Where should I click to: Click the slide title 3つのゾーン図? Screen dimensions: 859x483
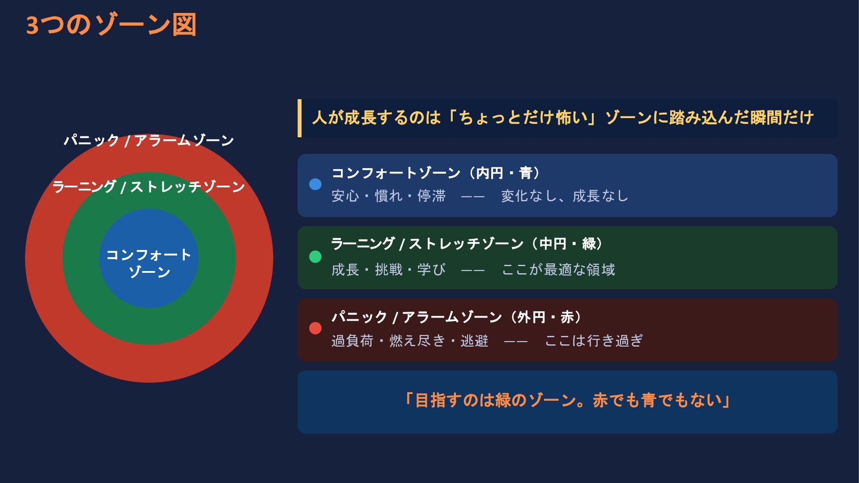111,25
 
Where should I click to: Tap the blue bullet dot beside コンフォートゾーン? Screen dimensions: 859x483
315,184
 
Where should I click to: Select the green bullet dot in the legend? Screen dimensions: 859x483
315,257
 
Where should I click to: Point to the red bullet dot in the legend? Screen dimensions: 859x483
315,328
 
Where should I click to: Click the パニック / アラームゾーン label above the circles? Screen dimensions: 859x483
149,140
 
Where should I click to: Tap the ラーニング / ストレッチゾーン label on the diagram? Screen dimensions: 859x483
149,186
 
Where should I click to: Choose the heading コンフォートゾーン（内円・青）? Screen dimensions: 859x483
437,173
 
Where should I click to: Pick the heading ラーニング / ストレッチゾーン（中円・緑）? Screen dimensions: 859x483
468,244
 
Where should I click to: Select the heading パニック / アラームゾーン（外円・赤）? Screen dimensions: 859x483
458,317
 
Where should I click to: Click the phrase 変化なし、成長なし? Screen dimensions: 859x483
565,196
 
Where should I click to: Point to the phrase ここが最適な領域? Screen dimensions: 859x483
558,270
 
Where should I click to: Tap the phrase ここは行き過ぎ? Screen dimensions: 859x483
594,341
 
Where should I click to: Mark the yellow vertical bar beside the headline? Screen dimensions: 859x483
299,118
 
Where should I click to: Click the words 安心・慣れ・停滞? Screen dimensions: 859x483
389,196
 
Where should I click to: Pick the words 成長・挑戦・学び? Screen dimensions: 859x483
389,270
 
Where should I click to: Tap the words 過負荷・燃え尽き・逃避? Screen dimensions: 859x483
410,341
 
